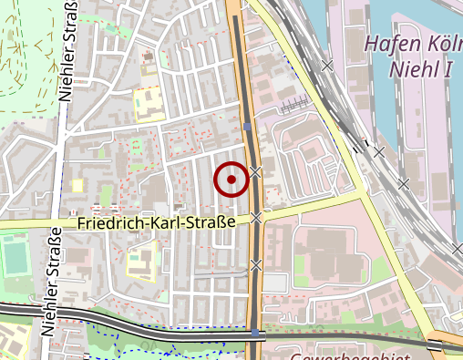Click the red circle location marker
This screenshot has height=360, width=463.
[x=231, y=180]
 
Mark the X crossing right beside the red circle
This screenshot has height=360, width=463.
[x=258, y=171]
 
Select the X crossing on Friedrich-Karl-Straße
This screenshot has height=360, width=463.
[x=258, y=217]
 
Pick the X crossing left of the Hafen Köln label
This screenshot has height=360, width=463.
[x=328, y=65]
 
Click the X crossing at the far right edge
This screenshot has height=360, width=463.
[x=457, y=248]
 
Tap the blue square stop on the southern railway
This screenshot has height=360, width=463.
[x=253, y=334]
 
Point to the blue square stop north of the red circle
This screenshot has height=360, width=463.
[x=248, y=127]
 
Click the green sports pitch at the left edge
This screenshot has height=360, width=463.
[x=15, y=257]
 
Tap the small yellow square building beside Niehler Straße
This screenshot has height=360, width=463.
[x=77, y=186]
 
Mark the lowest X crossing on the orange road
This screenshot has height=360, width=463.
[x=256, y=264]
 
